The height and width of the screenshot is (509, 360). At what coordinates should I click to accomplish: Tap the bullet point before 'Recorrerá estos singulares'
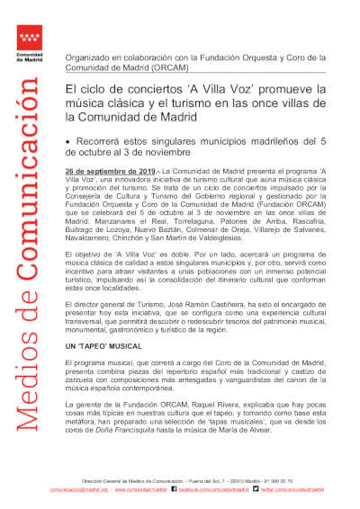click(x=68, y=142)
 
